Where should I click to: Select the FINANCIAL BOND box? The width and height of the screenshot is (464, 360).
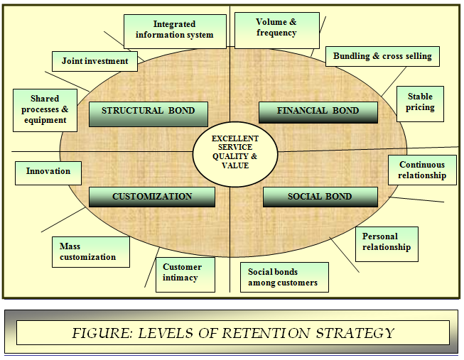(x=317, y=112)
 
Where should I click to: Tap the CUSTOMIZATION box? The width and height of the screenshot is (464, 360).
(x=152, y=197)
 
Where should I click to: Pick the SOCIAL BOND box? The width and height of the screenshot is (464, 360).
(x=320, y=197)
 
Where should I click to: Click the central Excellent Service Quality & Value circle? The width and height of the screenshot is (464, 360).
(x=234, y=151)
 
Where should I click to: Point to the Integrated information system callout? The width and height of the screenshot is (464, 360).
(x=174, y=31)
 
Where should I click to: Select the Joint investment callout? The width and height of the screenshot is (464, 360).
(x=95, y=62)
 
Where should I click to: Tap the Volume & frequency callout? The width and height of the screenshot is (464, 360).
(x=276, y=28)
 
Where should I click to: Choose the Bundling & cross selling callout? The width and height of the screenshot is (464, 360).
(x=382, y=57)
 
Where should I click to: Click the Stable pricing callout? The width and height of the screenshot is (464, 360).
(x=420, y=104)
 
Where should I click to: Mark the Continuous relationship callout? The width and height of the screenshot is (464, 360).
(x=422, y=170)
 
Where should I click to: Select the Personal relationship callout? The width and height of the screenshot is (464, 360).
(x=387, y=243)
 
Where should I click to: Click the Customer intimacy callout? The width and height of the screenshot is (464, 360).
(x=185, y=273)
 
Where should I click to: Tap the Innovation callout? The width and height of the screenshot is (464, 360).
(x=48, y=172)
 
